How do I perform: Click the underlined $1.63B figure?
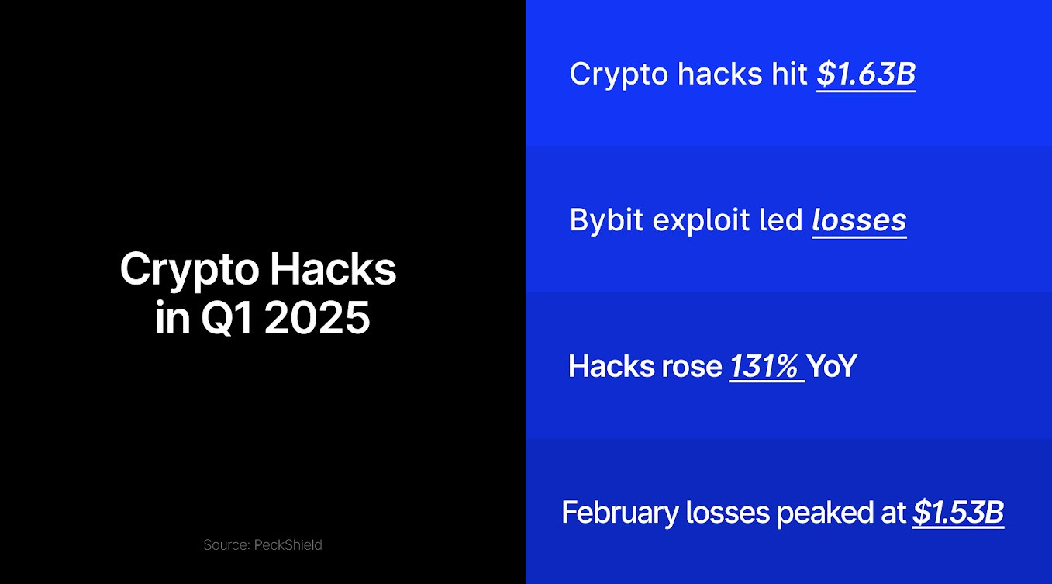pyautogui.click(x=866, y=74)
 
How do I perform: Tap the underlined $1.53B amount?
pyautogui.click(x=957, y=513)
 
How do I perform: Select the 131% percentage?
pyautogui.click(x=765, y=367)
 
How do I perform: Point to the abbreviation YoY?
pyautogui.click(x=832, y=367)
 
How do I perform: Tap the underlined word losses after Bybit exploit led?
pyautogui.click(x=859, y=221)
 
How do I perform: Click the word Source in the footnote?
pyautogui.click(x=225, y=545)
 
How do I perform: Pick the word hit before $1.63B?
pyautogui.click(x=789, y=74)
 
